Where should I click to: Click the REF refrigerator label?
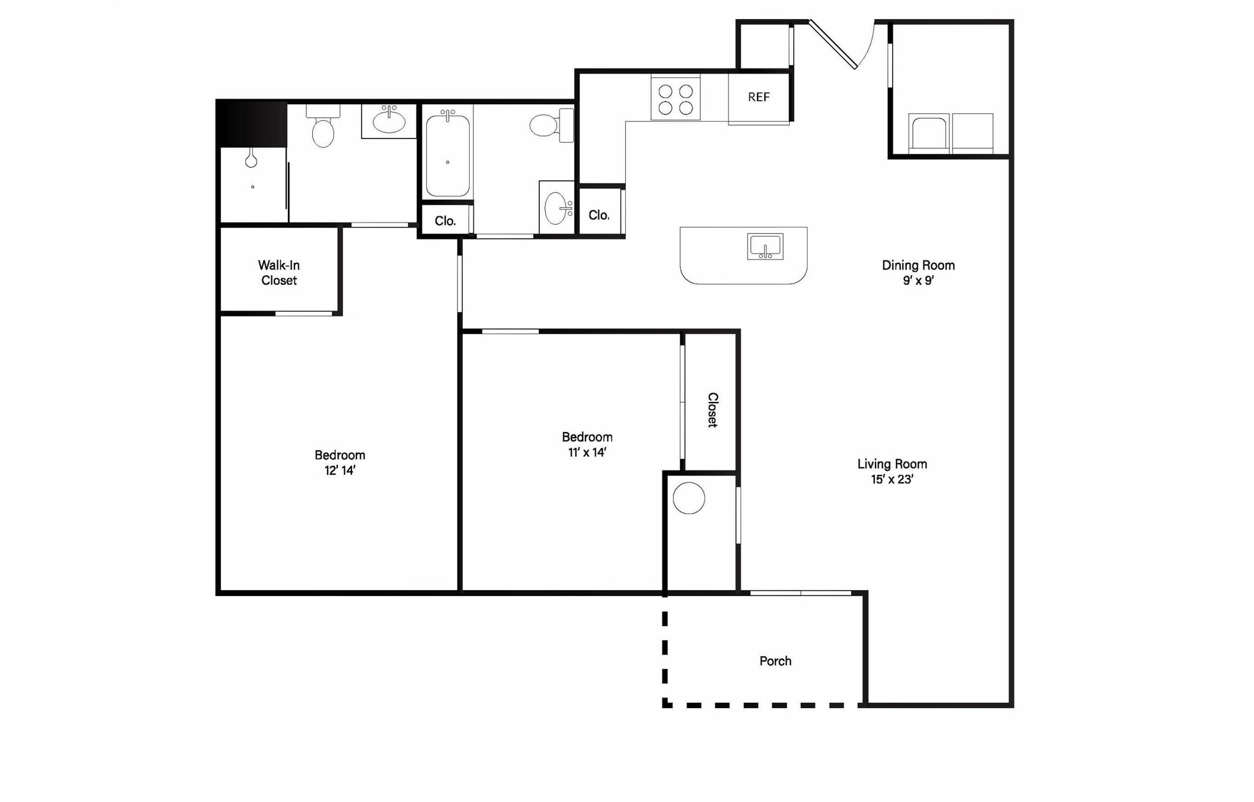(759, 97)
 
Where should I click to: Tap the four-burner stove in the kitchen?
(675, 99)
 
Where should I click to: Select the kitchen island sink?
(765, 246)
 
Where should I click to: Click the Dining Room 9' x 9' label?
(918, 273)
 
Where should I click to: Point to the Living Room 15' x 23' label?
(892, 471)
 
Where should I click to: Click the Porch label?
(775, 661)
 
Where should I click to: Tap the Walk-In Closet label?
(279, 273)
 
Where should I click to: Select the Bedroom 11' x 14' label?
(587, 444)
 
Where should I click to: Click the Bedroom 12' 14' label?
(340, 463)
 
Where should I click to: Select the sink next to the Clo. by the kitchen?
(557, 208)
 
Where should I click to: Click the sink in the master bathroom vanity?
(389, 121)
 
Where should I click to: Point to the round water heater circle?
(689, 498)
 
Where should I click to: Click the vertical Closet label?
(713, 409)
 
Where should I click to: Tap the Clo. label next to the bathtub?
(445, 221)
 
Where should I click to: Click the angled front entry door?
(833, 45)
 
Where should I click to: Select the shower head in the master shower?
(251, 160)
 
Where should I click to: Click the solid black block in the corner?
(252, 124)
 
